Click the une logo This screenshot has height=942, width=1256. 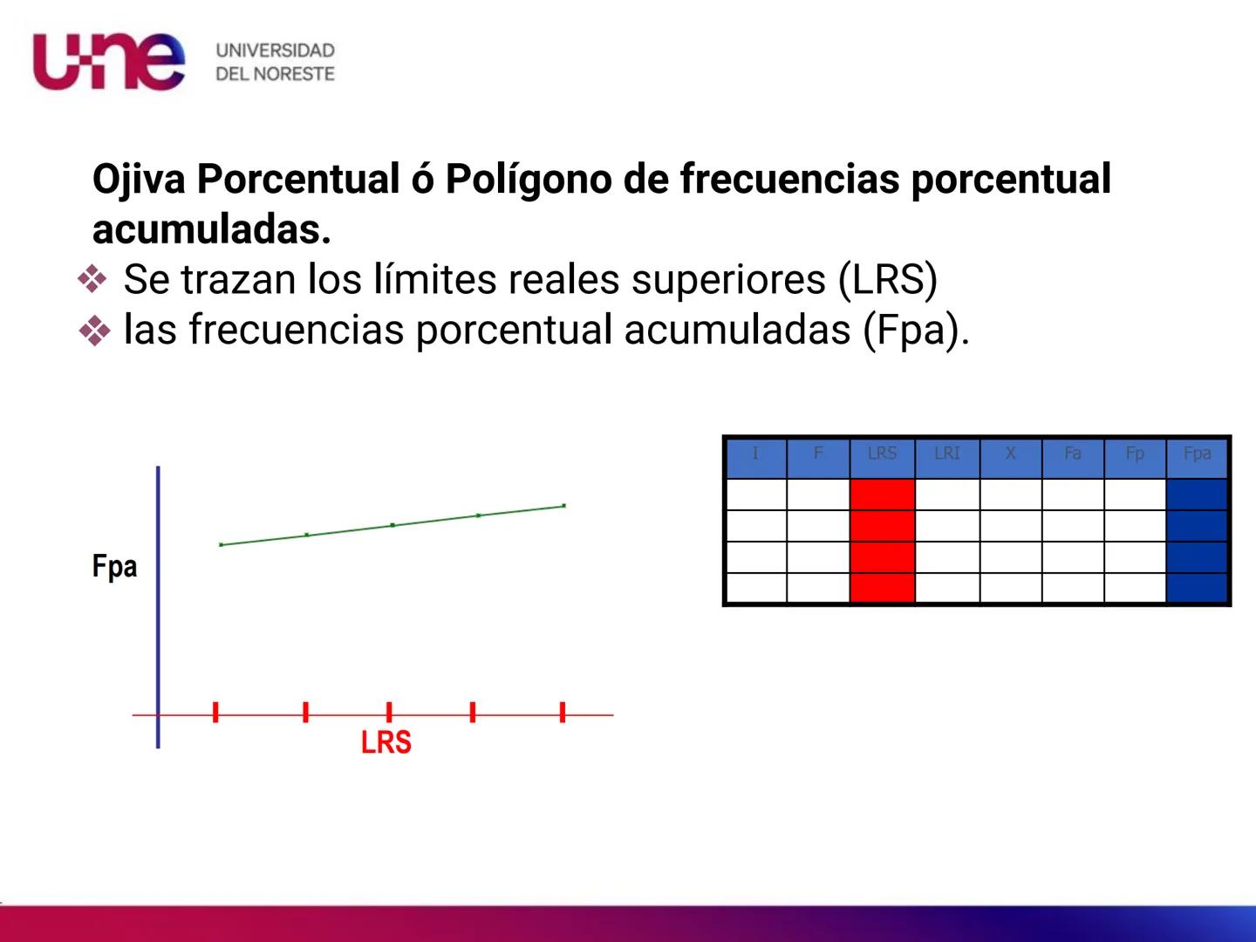[x=108, y=61]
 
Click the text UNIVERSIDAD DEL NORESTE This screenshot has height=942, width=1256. [x=275, y=62]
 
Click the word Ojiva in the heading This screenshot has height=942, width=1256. [x=139, y=179]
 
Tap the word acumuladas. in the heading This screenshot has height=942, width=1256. [x=212, y=229]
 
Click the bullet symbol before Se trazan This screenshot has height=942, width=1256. [x=92, y=280]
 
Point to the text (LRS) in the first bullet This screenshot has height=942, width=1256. [x=887, y=280]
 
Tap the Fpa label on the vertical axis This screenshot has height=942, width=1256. [x=114, y=567]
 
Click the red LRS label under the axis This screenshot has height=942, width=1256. [x=386, y=742]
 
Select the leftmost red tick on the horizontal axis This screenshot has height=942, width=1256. [x=215, y=712]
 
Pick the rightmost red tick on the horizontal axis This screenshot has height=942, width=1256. [x=563, y=712]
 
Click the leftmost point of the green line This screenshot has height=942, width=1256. [x=222, y=544]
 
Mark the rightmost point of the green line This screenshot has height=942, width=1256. [x=564, y=505]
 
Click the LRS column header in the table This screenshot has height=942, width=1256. [x=882, y=454]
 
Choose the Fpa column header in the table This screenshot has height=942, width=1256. [x=1197, y=454]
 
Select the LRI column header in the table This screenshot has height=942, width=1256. [x=946, y=454]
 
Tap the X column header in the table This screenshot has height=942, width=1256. [x=1010, y=454]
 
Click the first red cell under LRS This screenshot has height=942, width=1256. [x=882, y=495]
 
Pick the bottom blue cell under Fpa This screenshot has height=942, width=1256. [x=1197, y=588]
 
